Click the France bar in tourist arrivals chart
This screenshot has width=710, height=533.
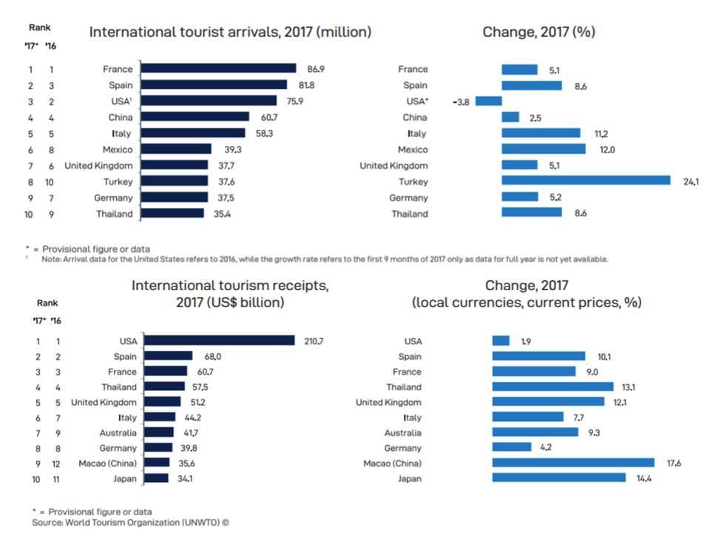tap(218, 68)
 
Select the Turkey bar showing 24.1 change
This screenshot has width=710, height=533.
tap(586, 181)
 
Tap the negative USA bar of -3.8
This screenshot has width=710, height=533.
tap(489, 101)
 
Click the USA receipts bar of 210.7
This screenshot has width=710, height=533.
tap(219, 341)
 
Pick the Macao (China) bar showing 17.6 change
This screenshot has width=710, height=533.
tap(573, 463)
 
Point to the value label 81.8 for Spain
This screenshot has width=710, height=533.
tap(300, 84)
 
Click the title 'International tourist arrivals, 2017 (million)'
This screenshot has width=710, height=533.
tap(230, 32)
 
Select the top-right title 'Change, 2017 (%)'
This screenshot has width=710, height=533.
tap(538, 32)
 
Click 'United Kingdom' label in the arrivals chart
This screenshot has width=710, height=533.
tap(98, 165)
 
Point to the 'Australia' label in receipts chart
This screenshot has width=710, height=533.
tap(118, 432)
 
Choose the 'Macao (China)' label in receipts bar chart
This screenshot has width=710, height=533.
tap(107, 463)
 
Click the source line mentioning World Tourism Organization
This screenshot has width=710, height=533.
tap(130, 522)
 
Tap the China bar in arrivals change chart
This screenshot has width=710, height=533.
tap(510, 117)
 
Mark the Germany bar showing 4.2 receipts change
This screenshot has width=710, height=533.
tap(512, 447)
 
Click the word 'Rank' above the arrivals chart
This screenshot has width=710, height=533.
tap(40, 27)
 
